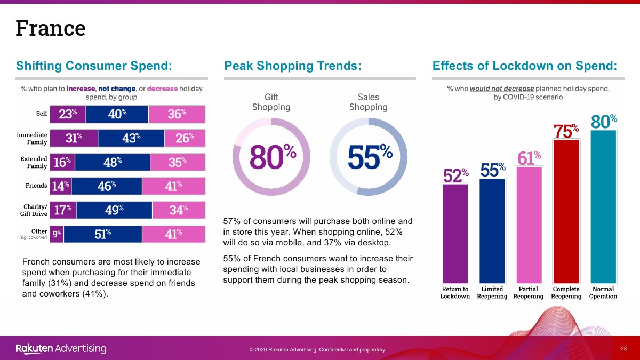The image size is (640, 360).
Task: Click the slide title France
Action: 51,28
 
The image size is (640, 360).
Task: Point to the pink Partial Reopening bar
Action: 529,225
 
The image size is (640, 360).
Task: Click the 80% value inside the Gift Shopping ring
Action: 273,156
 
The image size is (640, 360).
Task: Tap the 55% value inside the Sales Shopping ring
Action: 370,156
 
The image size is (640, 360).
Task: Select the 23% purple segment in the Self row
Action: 68,114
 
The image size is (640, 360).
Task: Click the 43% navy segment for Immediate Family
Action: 131,138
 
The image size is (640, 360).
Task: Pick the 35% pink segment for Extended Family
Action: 178,162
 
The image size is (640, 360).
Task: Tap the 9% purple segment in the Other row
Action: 57,234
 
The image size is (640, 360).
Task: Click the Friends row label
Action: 37,186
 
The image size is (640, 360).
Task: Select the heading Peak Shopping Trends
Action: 293,66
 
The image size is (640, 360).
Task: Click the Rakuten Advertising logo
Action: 61,349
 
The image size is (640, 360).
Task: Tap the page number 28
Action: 623,348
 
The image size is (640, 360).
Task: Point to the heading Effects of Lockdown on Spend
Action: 525,66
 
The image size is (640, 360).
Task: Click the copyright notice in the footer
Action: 317,349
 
